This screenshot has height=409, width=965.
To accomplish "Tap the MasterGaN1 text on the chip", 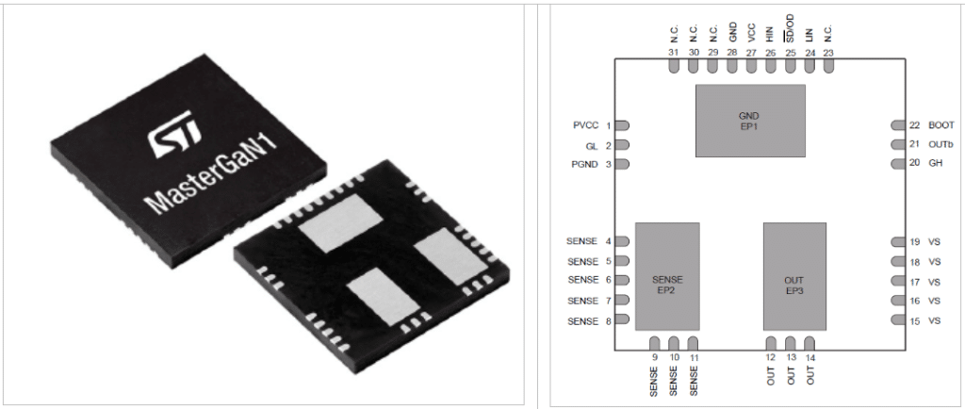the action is (210, 174).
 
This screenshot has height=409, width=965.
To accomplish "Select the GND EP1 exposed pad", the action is (750, 121).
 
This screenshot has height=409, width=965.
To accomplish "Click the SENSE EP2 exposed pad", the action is (667, 276).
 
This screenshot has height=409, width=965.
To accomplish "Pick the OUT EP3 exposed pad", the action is (794, 276).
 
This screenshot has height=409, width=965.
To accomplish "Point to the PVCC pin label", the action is (584, 125).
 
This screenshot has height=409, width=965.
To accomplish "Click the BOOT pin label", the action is (941, 125).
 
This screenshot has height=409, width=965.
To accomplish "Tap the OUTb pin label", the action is (940, 144).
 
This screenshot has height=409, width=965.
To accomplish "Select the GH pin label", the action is (935, 164).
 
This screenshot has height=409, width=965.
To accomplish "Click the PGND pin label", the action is (584, 164).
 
